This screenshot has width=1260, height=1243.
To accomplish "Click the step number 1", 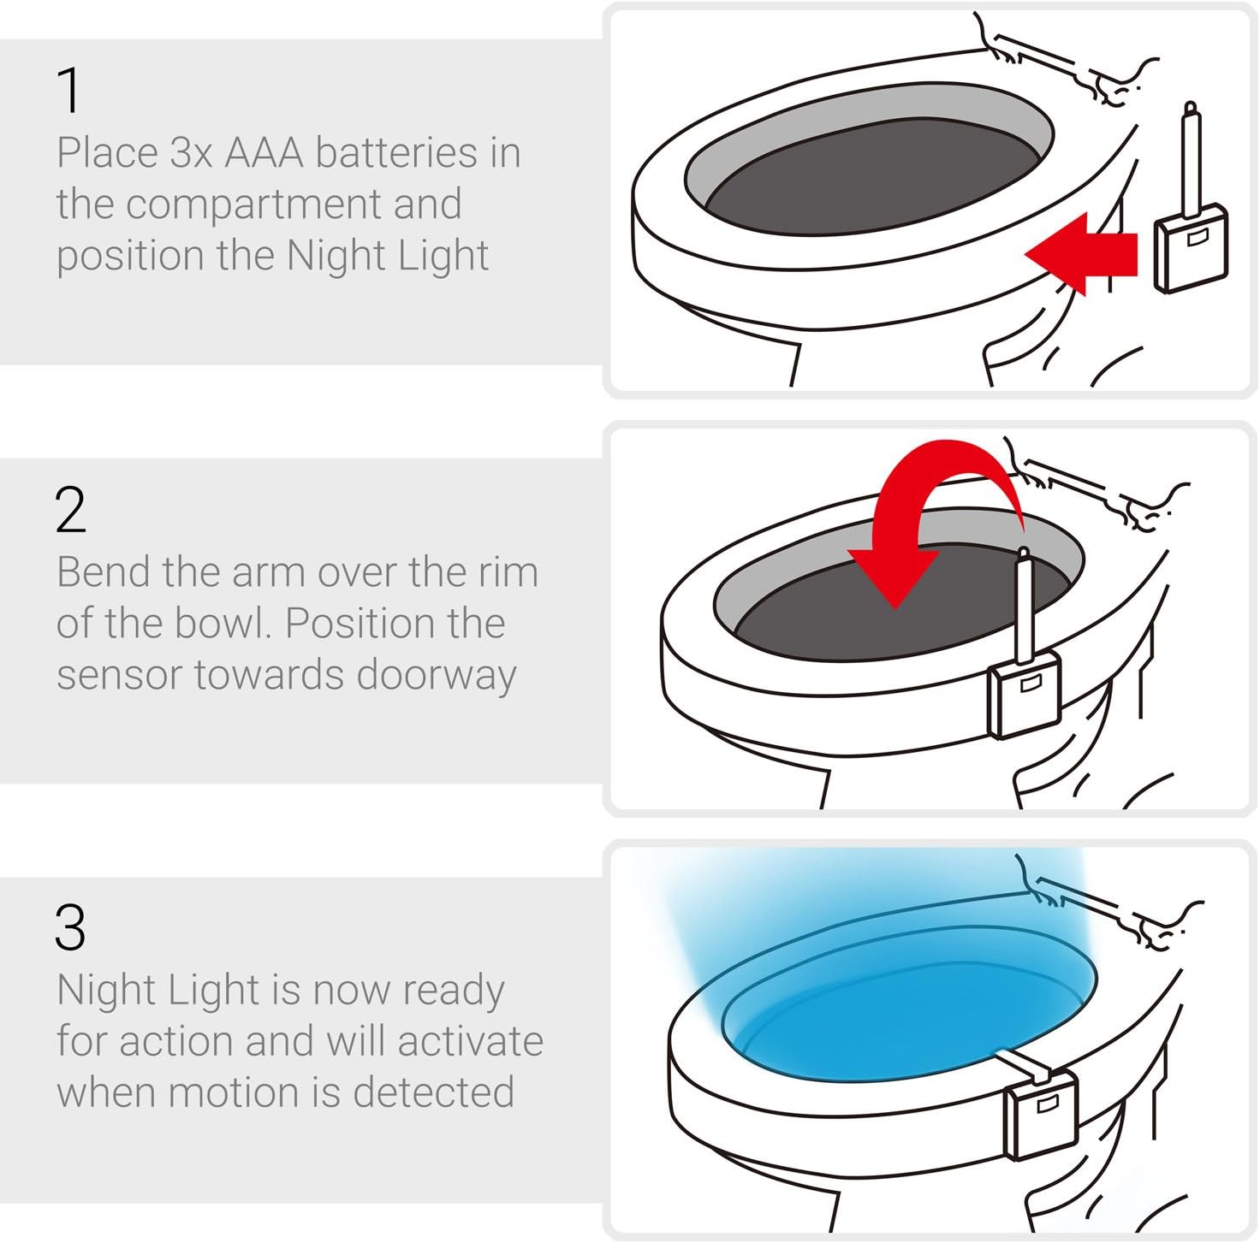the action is click(69, 90).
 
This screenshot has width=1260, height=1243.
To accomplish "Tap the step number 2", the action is click(70, 510).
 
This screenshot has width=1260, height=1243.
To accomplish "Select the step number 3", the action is click(70, 927).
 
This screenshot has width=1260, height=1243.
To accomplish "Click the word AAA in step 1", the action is click(264, 153).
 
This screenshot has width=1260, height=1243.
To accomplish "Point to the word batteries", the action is click(397, 153).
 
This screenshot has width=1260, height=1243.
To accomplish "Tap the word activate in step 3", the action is click(470, 1041).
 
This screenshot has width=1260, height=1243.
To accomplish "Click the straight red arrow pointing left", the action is click(1080, 254).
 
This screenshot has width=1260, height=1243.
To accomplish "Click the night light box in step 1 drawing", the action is click(1191, 248).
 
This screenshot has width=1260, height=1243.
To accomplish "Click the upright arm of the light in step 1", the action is click(1190, 159).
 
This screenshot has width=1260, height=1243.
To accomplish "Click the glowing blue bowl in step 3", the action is click(910, 1005).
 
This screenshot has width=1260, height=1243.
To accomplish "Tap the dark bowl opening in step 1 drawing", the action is click(869, 176).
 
